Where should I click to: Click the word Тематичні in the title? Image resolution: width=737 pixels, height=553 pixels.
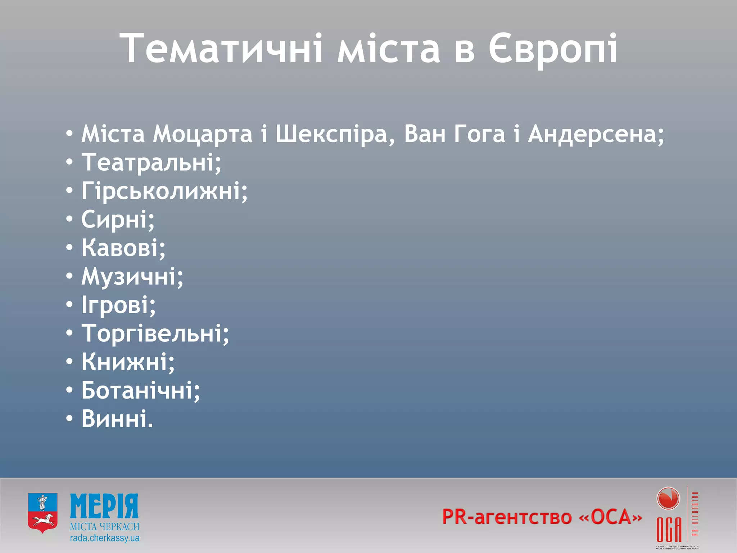(x=222, y=49)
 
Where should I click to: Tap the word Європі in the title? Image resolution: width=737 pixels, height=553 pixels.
(x=553, y=49)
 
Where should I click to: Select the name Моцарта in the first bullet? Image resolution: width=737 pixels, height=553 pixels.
(x=202, y=134)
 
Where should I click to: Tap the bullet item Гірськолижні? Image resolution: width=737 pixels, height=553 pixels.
(x=164, y=190)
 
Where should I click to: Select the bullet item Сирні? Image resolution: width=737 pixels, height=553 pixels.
(x=118, y=219)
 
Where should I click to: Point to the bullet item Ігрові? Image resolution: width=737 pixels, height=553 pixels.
(x=118, y=305)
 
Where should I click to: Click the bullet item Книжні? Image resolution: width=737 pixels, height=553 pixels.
(x=128, y=362)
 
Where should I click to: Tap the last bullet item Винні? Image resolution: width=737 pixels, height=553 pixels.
(x=117, y=419)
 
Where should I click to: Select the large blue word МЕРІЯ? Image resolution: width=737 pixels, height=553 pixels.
(x=104, y=506)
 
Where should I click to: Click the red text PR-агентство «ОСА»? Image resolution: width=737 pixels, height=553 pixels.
(x=542, y=517)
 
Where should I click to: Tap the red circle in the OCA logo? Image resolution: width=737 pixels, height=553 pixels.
(x=668, y=499)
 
